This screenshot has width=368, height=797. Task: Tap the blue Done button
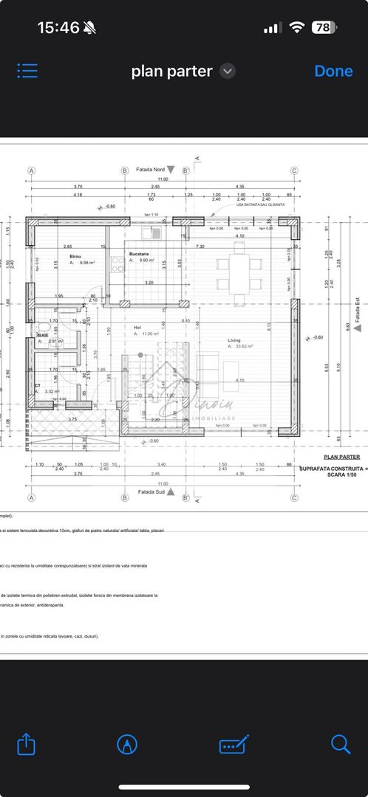(x=333, y=71)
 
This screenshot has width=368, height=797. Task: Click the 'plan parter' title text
(x=171, y=71)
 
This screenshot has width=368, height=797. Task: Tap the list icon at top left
(x=27, y=71)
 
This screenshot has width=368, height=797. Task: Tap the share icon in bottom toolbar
(x=26, y=744)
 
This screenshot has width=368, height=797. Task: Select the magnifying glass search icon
(x=341, y=744)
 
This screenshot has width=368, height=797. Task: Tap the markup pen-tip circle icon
(x=127, y=744)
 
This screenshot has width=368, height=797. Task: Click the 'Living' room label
(x=235, y=340)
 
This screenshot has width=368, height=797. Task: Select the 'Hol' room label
(x=137, y=328)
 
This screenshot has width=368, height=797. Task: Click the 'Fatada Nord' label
(x=151, y=169)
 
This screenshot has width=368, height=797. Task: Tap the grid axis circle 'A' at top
(x=32, y=170)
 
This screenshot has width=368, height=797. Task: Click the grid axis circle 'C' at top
(x=294, y=170)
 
